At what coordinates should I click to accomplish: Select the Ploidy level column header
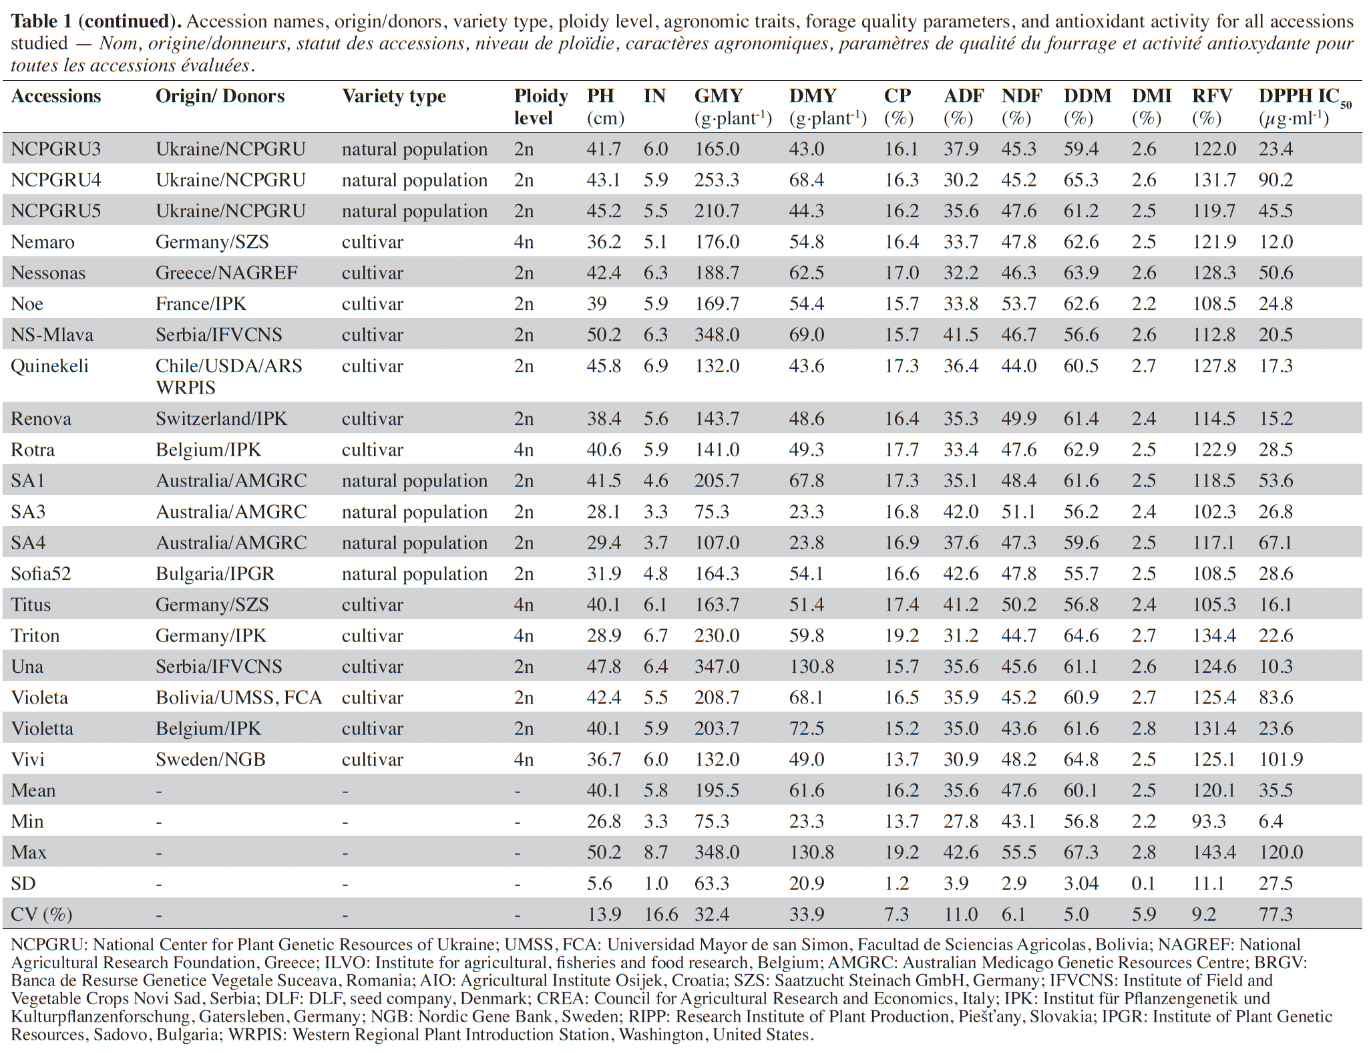coord(541,107)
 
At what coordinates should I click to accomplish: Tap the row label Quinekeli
coord(49,366)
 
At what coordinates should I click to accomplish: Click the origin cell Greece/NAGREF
coord(226,273)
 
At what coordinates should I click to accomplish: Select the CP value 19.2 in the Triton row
coord(902,636)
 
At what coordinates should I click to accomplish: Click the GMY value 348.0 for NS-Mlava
coord(717,335)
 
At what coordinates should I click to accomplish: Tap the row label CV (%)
coord(41,914)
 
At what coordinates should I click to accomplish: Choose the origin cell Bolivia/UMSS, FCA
coord(238,698)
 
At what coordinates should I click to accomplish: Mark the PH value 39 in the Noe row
coord(596,304)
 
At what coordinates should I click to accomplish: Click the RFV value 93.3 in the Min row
coord(1209,822)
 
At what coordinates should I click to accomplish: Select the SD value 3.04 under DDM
coord(1081,884)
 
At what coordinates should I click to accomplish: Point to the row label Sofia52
coord(41,574)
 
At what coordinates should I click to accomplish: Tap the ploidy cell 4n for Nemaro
coord(524,242)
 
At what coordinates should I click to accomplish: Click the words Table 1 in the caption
coord(43,21)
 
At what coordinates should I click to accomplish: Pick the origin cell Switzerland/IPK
coord(221,419)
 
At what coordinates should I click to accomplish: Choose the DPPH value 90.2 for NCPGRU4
coord(1276,180)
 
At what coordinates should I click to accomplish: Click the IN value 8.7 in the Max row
coord(655,853)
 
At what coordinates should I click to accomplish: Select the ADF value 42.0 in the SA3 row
coord(960,512)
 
